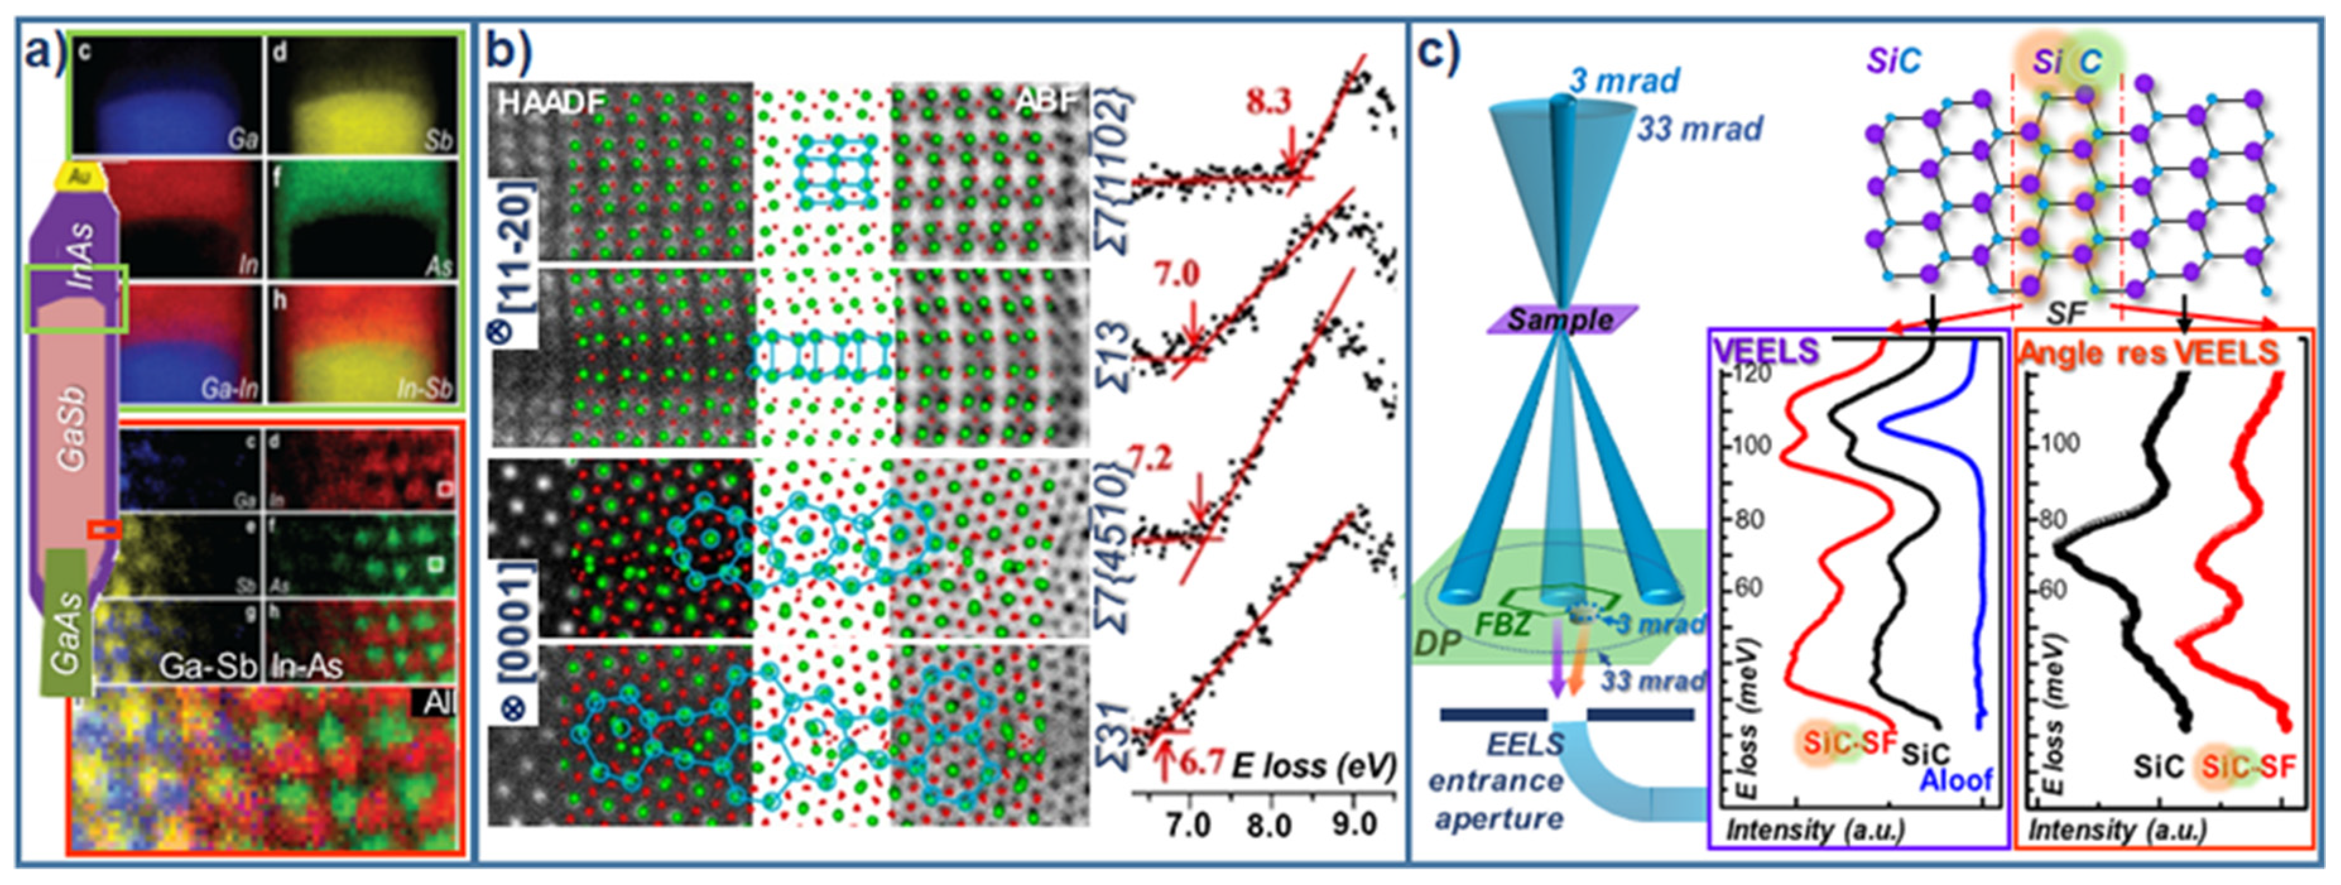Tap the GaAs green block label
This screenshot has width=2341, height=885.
pos(66,631)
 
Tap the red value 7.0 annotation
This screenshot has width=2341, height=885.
pos(1177,273)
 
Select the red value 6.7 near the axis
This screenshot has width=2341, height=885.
pos(1201,761)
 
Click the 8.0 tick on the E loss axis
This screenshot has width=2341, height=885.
pos(1268,824)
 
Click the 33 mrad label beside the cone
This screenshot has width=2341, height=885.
pos(1700,129)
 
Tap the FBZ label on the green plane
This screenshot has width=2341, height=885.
pos(1504,624)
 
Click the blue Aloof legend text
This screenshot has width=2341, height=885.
pos(1956,780)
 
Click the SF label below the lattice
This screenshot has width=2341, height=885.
pos(2066,314)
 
